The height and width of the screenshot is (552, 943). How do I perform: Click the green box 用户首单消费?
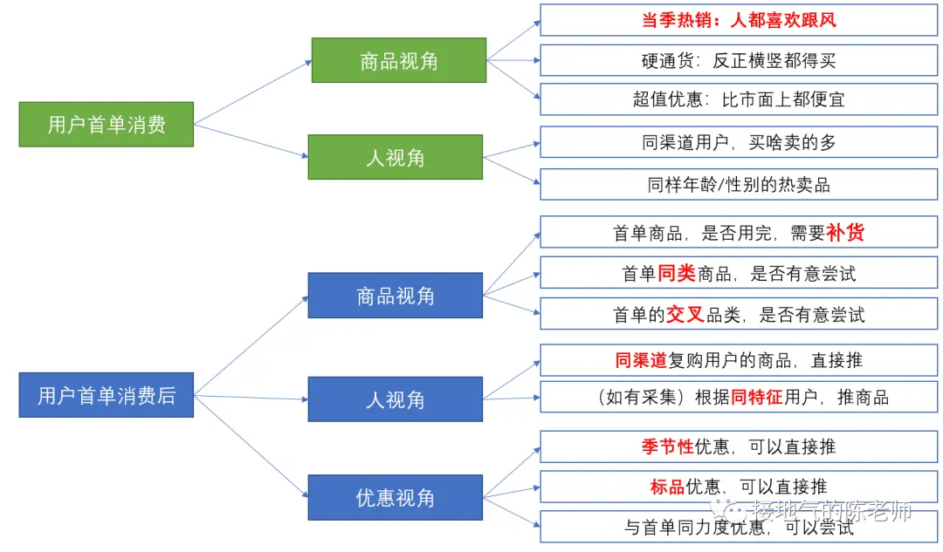coord(106,124)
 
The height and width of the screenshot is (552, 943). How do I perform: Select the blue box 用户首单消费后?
coord(106,395)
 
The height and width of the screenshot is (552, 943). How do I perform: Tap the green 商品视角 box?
coord(398,60)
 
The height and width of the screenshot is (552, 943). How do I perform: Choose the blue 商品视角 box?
coord(395,296)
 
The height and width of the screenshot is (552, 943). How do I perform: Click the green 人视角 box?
coord(395,157)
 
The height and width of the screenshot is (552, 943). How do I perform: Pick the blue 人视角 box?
coord(395,399)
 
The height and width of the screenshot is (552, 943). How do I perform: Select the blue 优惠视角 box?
coord(395,497)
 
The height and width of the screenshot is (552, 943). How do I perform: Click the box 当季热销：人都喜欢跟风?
coord(739,20)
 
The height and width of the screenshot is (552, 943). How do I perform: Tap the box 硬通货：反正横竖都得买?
coord(739,60)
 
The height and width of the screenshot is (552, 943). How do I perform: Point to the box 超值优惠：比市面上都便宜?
coord(739,99)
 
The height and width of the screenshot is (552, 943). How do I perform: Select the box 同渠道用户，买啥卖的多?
coord(739,142)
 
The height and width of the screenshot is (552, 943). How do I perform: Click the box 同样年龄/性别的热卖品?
coord(739,184)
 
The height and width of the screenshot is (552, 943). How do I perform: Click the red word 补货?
coord(845,233)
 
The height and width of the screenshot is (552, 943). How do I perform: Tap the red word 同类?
coord(676,273)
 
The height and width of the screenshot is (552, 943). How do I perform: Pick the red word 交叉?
coord(685,314)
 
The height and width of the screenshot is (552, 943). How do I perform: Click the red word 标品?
coord(667,487)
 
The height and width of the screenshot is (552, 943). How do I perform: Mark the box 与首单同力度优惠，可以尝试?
coord(739,527)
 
